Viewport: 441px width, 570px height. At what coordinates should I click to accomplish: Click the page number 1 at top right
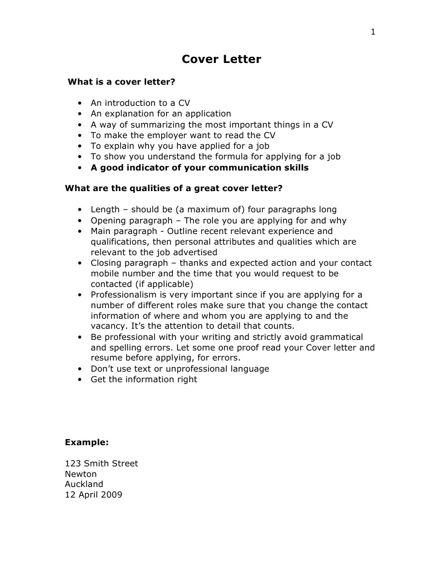[373, 32]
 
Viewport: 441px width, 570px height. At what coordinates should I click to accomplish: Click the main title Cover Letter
[221, 59]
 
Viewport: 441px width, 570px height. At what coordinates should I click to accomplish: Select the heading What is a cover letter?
[122, 82]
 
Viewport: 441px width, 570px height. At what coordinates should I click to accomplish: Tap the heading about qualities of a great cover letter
[173, 188]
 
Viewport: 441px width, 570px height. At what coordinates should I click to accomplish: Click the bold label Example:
[86, 442]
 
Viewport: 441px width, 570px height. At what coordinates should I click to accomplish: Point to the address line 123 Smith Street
[101, 464]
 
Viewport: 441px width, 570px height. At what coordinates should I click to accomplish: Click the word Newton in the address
[81, 474]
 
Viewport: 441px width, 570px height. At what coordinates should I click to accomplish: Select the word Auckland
[84, 484]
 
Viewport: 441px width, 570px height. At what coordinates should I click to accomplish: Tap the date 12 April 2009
[94, 495]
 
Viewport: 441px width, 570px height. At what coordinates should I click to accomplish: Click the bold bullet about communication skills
[200, 168]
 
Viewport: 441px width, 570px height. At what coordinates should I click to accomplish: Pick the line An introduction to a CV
[140, 103]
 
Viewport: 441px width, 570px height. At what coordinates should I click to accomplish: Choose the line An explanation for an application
[161, 114]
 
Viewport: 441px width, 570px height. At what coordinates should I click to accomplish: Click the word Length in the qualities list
[105, 210]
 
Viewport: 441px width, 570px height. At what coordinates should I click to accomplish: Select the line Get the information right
[144, 379]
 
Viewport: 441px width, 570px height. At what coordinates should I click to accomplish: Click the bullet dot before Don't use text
[80, 369]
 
